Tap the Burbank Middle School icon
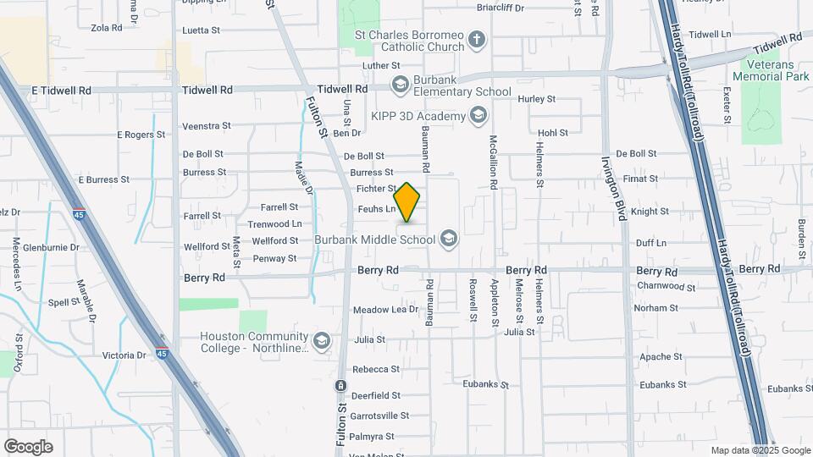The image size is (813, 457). tap(448, 240)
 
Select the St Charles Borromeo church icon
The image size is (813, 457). tap(477, 39)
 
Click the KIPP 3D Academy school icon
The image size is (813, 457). tap(478, 116)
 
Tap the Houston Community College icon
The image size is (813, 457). tap(321, 341)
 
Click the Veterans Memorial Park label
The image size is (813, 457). tap(773, 70)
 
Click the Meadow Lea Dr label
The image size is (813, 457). tap(386, 310)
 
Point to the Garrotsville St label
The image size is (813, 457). tap(380, 416)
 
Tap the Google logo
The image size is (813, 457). tap(28, 447)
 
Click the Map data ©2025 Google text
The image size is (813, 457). tap(760, 450)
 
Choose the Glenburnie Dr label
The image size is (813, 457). tap(51, 248)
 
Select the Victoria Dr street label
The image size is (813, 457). tap(124, 355)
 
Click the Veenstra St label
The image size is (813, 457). tap(207, 126)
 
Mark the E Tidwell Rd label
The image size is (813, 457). tap(61, 90)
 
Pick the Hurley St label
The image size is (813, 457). tap(536, 99)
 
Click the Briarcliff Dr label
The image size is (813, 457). tap(501, 8)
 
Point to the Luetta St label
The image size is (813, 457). tap(201, 30)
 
